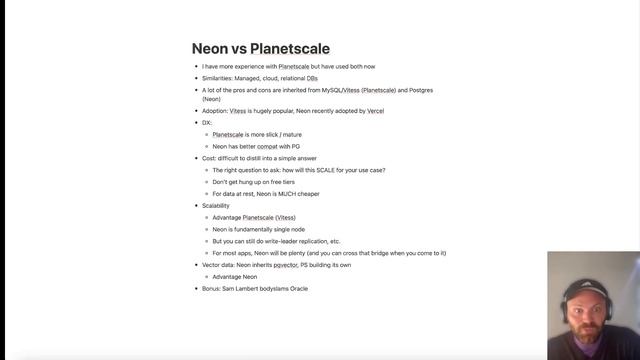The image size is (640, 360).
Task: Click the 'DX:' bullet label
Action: pyautogui.click(x=207, y=123)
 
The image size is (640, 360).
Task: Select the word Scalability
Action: pyautogui.click(x=216, y=205)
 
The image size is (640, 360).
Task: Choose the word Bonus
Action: pyautogui.click(x=211, y=288)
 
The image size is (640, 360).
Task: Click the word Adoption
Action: pyautogui.click(x=214, y=111)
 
